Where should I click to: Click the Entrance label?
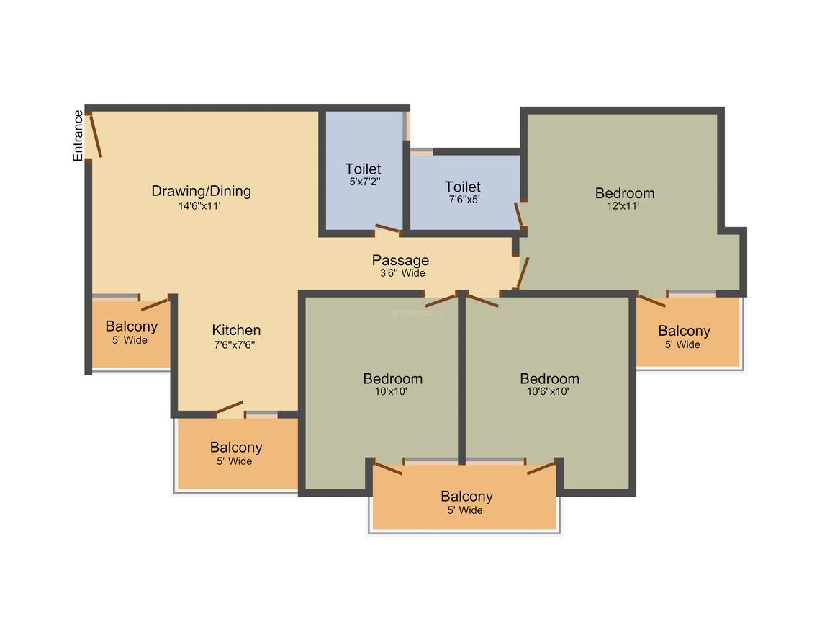click(78, 135)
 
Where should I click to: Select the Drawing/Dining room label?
click(202, 191)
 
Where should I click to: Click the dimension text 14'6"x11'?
click(199, 206)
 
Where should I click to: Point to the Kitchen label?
click(236, 330)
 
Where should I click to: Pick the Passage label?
click(400, 260)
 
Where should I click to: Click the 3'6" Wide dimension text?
click(402, 273)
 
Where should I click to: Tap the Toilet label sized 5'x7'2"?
click(364, 169)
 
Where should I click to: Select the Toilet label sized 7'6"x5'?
click(463, 187)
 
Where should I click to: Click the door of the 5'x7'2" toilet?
click(388, 229)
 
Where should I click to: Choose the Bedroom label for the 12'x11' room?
click(626, 193)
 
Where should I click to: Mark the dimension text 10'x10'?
click(391, 391)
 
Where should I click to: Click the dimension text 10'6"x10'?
click(548, 391)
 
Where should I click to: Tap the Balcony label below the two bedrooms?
click(467, 497)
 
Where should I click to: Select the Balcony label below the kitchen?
click(236, 448)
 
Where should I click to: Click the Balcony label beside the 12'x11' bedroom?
click(685, 331)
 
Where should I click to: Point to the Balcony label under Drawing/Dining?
click(132, 326)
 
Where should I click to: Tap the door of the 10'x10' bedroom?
click(441, 301)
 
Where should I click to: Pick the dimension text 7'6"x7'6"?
click(235, 345)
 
